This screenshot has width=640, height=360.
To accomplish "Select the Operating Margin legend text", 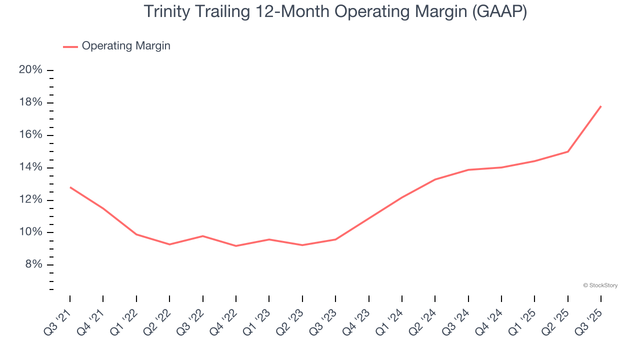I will (126, 46).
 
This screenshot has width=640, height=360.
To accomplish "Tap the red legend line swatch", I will (70, 46).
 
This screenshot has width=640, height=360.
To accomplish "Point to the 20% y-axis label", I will (30, 70).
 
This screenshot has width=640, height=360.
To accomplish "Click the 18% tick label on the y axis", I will (30, 102).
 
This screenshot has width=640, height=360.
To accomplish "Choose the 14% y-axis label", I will (30, 167).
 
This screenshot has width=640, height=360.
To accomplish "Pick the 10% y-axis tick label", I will (30, 232).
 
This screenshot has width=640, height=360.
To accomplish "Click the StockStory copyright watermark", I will (600, 285).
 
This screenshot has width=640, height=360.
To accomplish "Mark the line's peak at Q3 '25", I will (601, 106).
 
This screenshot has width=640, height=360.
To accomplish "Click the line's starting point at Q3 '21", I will (70, 187).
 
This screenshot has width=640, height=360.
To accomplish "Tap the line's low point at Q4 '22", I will (236, 246).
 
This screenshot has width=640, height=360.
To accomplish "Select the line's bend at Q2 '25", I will (568, 151).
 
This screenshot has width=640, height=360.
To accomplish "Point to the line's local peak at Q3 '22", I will (202, 236).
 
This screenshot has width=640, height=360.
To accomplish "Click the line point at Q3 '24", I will (468, 170).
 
